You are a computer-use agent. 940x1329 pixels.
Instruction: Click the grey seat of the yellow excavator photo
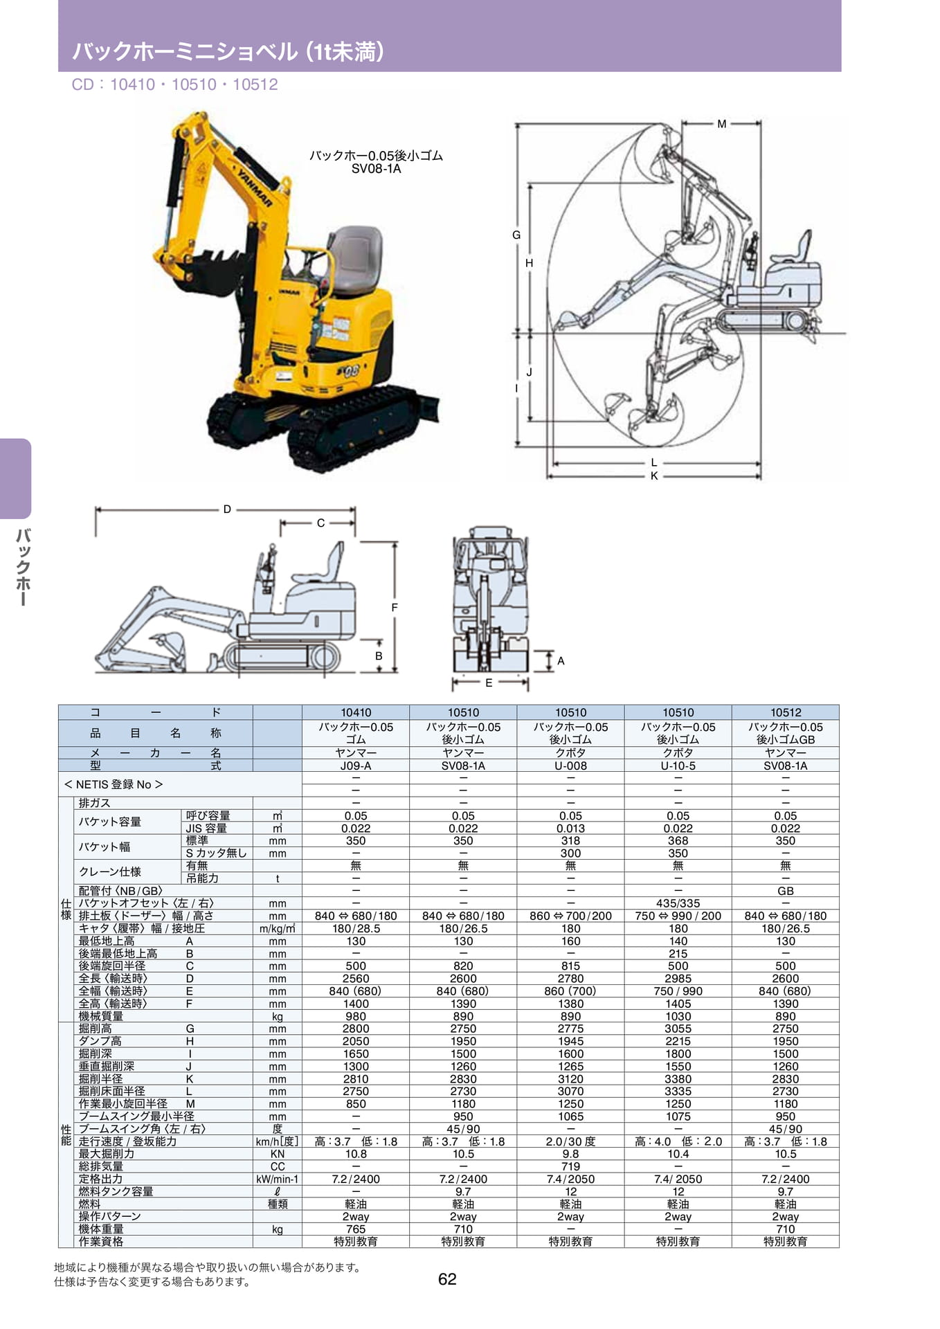point(354,261)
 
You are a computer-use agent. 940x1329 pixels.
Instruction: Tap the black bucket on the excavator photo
point(207,273)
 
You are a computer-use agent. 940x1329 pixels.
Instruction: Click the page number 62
point(447,1279)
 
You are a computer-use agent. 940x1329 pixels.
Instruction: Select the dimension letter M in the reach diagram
point(722,124)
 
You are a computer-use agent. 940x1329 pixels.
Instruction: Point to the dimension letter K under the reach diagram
point(654,476)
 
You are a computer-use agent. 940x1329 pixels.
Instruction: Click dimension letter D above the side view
point(227,509)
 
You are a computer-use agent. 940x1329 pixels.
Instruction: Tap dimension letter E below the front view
point(489,683)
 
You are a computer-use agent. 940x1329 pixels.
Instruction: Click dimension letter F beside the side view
point(395,608)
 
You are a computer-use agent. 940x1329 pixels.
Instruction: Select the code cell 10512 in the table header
point(786,712)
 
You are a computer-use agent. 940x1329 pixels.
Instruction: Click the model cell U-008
point(571,766)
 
